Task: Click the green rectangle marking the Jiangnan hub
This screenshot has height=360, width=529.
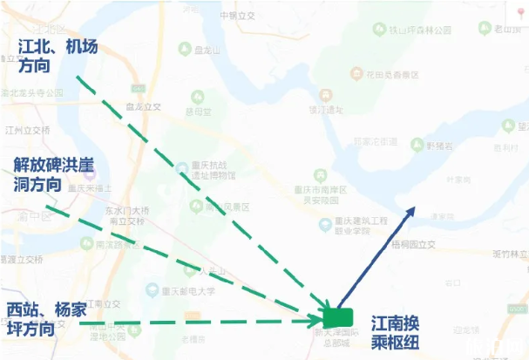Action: [x=337, y=316]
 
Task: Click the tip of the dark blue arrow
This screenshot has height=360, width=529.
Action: [x=417, y=207]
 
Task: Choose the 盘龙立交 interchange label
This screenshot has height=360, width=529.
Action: [x=144, y=106]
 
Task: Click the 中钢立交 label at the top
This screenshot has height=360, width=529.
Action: [x=236, y=16]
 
